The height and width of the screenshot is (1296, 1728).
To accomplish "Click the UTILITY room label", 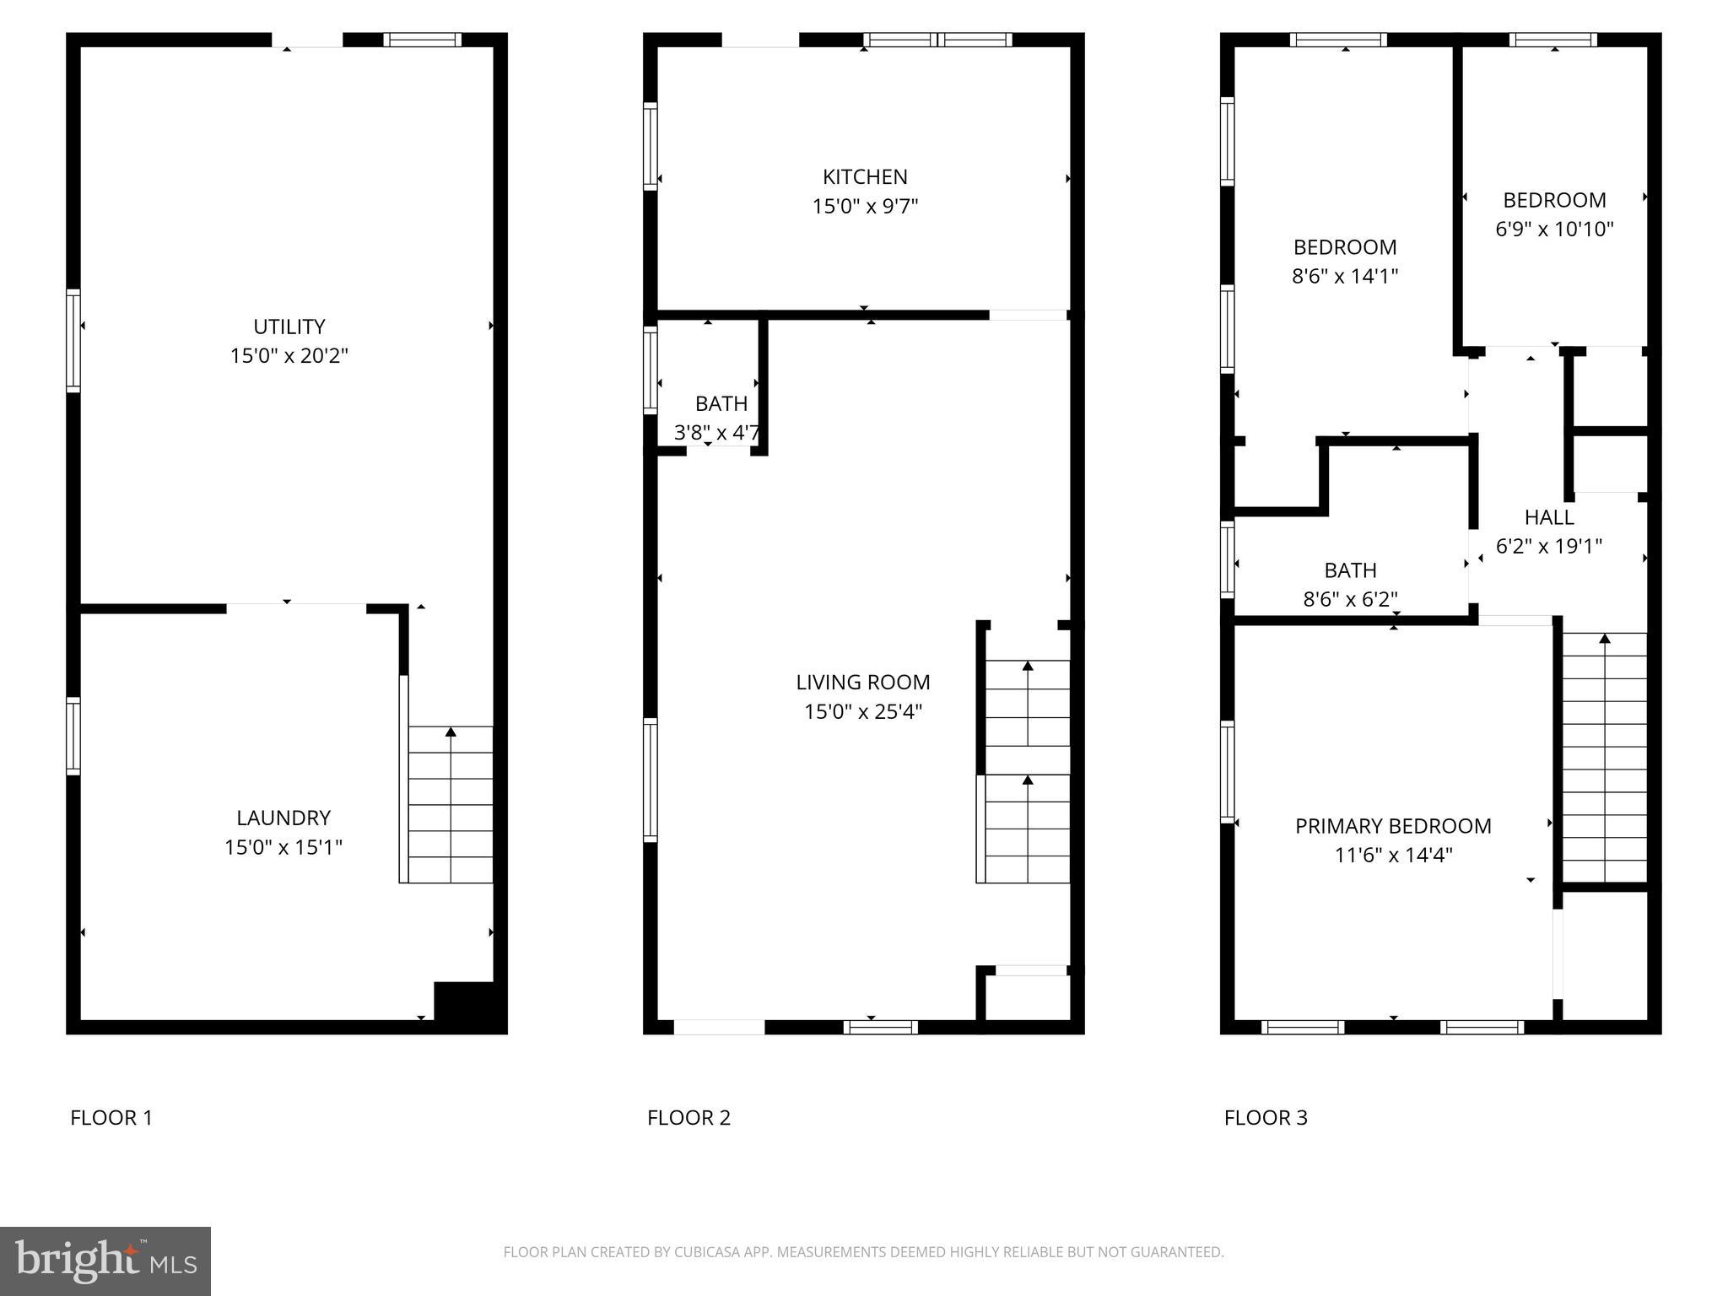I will tap(289, 327).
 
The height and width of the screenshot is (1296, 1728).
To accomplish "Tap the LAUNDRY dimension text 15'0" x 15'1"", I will tap(283, 847).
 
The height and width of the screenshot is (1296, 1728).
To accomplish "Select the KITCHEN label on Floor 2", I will tap(865, 177).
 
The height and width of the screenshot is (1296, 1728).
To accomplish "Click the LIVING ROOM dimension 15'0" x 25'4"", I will tap(862, 711).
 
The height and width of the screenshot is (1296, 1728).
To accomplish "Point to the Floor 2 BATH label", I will tap(721, 403).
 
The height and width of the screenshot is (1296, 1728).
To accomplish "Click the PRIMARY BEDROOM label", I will tap(1393, 826).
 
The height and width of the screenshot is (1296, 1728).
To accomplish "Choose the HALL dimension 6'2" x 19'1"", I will tap(1548, 546).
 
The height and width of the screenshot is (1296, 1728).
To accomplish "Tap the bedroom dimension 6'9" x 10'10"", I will tap(1554, 229).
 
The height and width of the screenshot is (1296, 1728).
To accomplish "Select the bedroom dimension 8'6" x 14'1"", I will tap(1345, 276).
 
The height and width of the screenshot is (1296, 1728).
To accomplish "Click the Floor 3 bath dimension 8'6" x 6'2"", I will tap(1350, 599).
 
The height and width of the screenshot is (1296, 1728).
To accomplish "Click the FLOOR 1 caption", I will tap(111, 1117).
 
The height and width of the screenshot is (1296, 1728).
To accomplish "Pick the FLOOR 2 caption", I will tap(688, 1117).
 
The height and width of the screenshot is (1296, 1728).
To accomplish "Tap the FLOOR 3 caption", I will tap(1266, 1117).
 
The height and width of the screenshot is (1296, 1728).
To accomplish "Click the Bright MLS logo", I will tap(105, 1261).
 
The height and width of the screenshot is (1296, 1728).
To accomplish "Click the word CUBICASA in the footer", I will tap(704, 1252).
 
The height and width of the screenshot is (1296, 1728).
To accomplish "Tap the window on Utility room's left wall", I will tap(73, 341).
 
